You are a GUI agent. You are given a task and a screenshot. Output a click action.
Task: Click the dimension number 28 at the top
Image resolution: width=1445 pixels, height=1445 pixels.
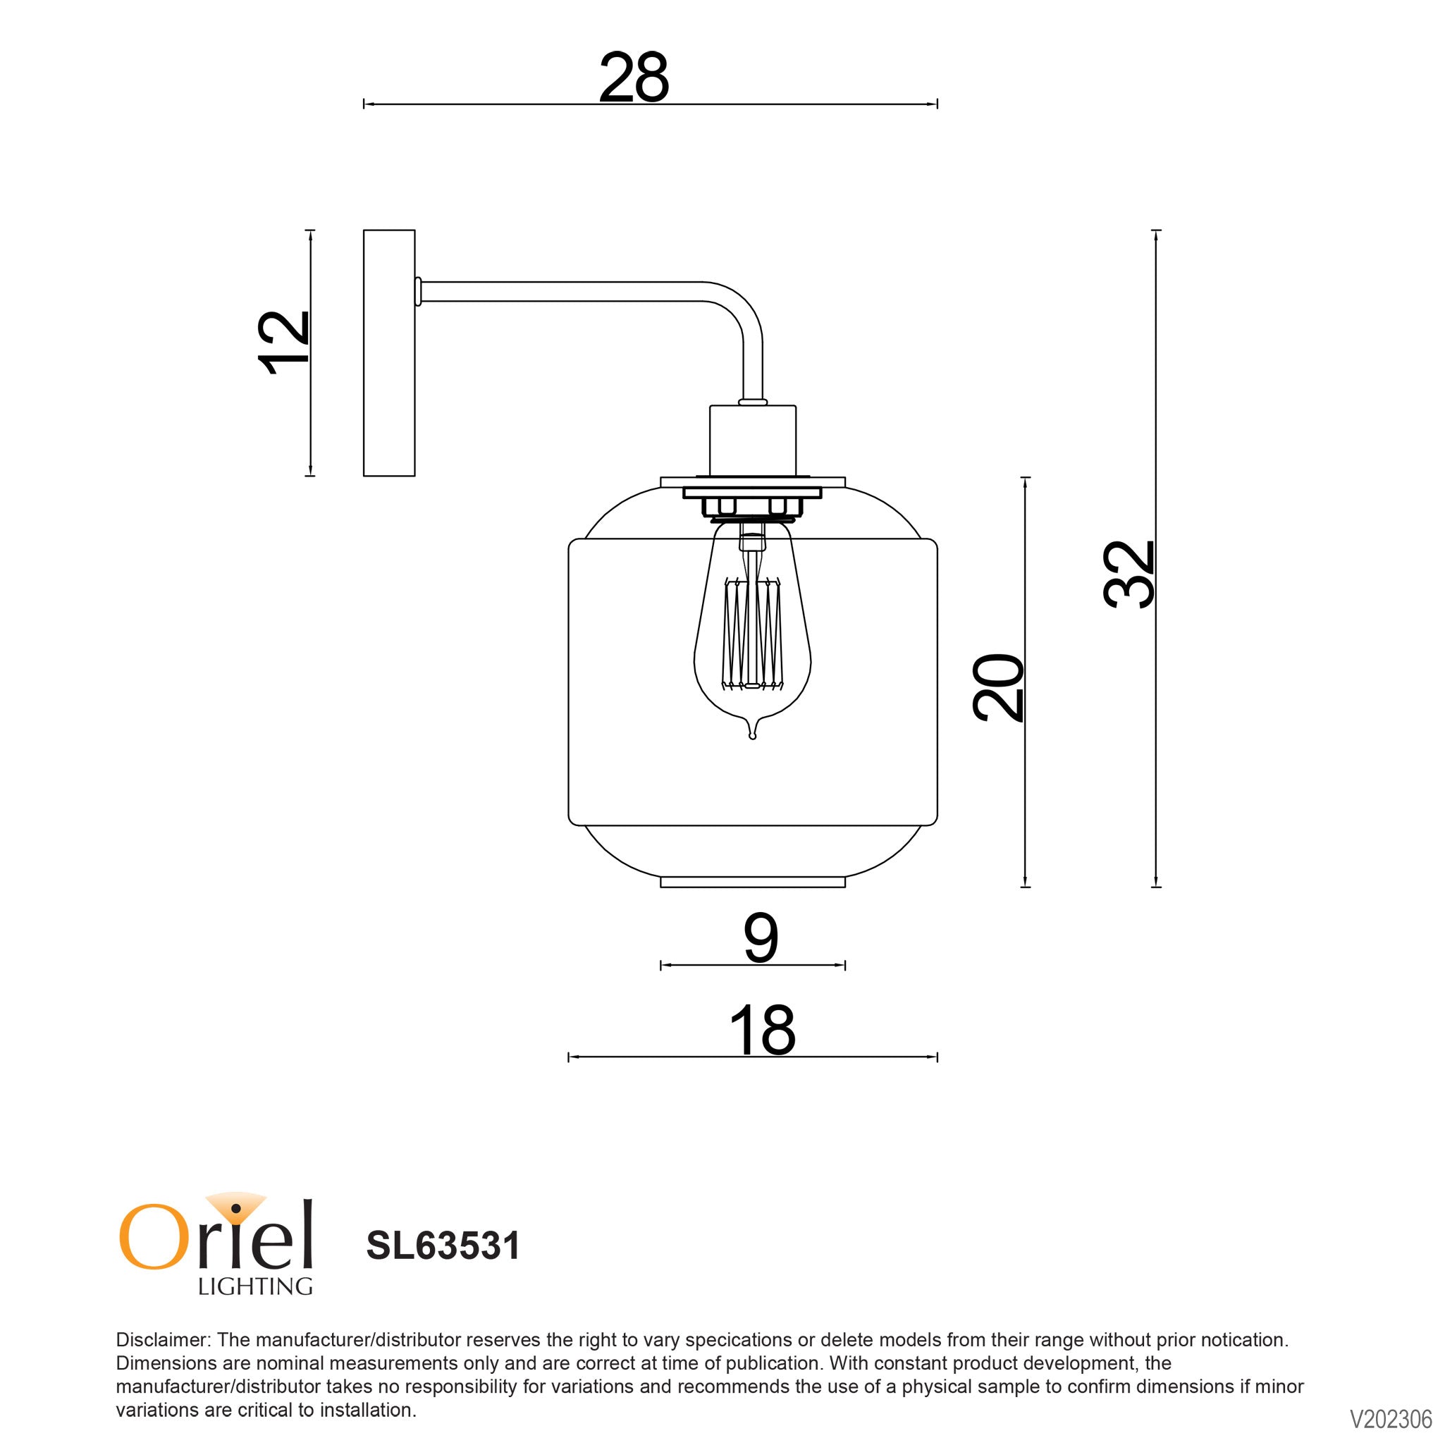[634, 78]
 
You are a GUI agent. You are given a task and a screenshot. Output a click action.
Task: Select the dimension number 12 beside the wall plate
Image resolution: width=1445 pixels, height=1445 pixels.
[283, 342]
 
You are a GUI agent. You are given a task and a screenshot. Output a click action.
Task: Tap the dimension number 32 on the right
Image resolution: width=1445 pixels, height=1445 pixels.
[1129, 574]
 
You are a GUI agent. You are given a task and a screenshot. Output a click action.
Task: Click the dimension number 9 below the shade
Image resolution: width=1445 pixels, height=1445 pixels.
[761, 939]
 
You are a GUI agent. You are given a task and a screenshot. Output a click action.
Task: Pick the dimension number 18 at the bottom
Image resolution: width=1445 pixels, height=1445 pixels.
[761, 1030]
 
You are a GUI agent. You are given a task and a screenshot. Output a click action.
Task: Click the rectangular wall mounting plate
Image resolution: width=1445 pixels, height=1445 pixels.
[389, 352]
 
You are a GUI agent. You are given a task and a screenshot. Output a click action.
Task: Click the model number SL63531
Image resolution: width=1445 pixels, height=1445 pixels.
[443, 1246]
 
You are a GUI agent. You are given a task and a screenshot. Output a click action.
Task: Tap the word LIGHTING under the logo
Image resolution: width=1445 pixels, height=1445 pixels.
[254, 1286]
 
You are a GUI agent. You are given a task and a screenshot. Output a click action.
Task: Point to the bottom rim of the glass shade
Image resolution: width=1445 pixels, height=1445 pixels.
[752, 883]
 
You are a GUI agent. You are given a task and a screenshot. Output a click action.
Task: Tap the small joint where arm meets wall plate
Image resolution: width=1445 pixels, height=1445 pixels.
[418, 291]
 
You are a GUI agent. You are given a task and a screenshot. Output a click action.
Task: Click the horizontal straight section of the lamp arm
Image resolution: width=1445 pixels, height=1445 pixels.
[561, 291]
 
